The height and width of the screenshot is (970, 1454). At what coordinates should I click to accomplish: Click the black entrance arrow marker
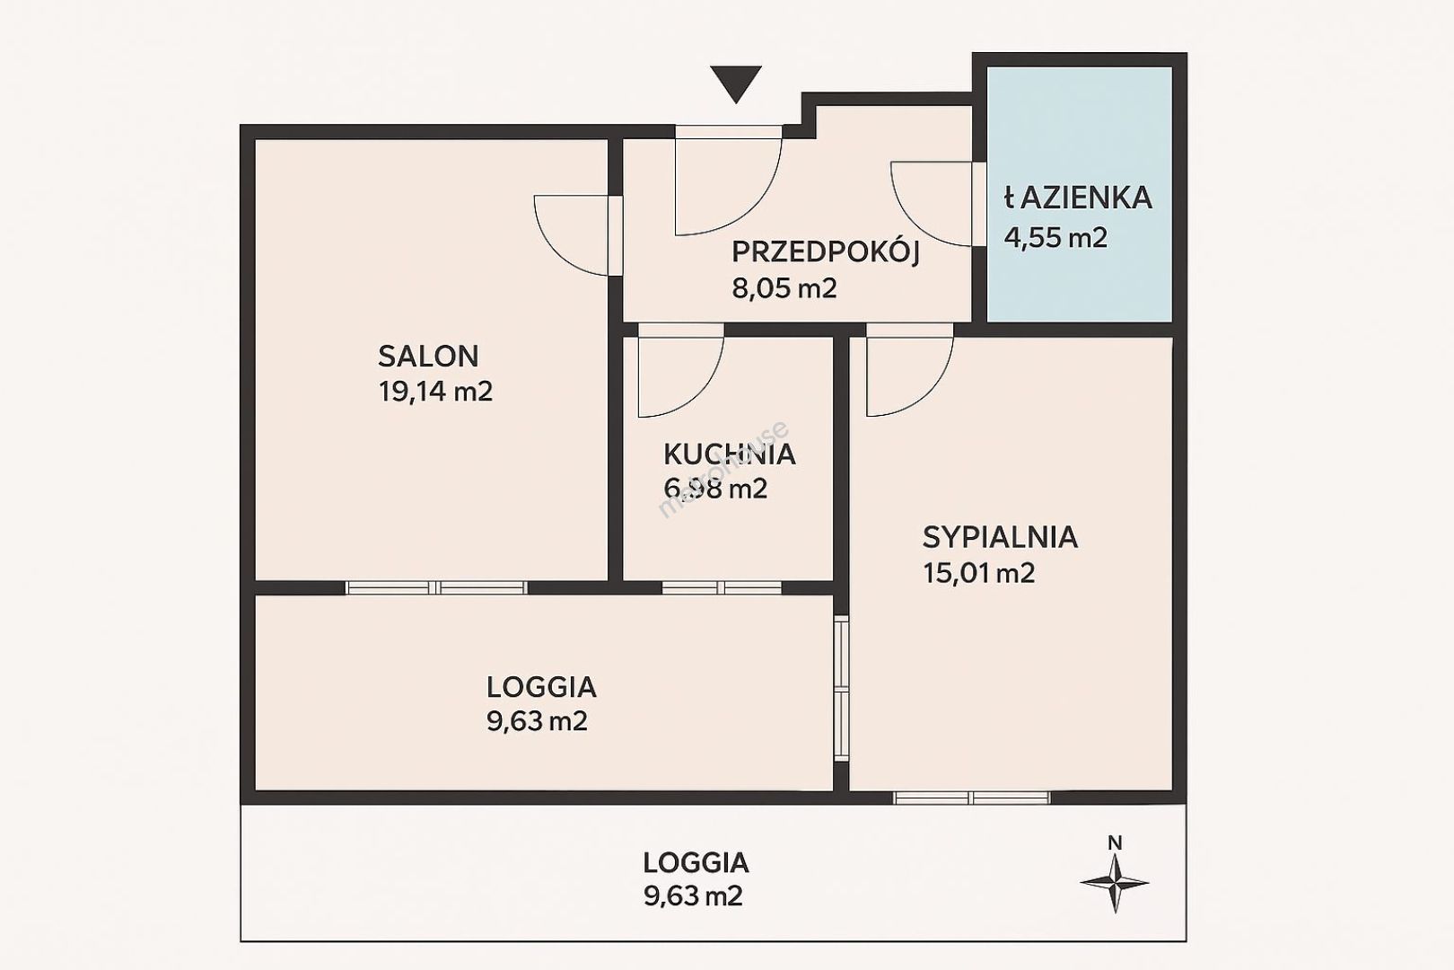[x=735, y=84]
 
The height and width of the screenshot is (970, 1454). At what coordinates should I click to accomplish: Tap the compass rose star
[x=1114, y=883]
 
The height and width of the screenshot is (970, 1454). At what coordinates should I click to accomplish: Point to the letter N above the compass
[x=1115, y=842]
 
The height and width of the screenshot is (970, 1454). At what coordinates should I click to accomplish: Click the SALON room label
[x=428, y=357]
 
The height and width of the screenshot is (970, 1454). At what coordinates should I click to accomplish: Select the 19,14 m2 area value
[x=435, y=392]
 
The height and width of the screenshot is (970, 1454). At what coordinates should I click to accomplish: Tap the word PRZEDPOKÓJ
[x=826, y=251]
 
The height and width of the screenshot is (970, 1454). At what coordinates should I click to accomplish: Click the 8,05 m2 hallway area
[x=784, y=287]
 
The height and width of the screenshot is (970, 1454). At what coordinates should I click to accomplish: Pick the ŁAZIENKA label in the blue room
[x=1078, y=198]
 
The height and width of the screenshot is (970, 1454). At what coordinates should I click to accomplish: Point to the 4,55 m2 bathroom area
[x=1055, y=238]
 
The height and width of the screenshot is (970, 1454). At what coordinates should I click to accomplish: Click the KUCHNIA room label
[x=730, y=454]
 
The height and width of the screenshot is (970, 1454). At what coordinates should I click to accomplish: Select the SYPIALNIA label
[x=1000, y=538]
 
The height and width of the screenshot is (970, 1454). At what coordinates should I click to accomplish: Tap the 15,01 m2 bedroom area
[x=979, y=574]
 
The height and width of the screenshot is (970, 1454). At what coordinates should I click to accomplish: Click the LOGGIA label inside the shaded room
[x=541, y=687]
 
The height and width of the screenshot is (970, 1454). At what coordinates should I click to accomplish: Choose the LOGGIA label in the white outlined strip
[x=696, y=863]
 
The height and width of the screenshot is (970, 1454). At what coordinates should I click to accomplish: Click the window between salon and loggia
[x=436, y=588]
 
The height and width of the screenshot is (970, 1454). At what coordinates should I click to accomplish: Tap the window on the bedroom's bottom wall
[x=971, y=798]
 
